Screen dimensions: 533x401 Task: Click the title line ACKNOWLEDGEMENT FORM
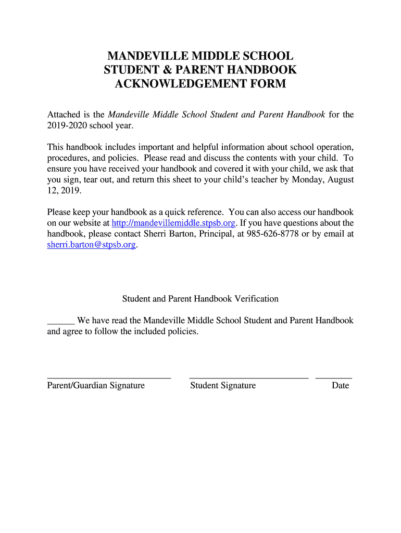[x=200, y=84]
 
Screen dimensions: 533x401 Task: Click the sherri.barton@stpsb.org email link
[x=91, y=245]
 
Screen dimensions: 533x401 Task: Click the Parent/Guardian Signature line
[x=109, y=377]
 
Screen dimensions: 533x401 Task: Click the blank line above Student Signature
[x=248, y=377]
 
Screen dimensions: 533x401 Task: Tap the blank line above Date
[x=334, y=377]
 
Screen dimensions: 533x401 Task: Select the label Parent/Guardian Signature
[x=96, y=386]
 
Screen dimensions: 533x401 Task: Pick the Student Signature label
[x=223, y=386]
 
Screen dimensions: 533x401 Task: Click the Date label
[x=340, y=386]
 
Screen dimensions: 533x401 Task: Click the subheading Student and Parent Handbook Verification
[x=200, y=299]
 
